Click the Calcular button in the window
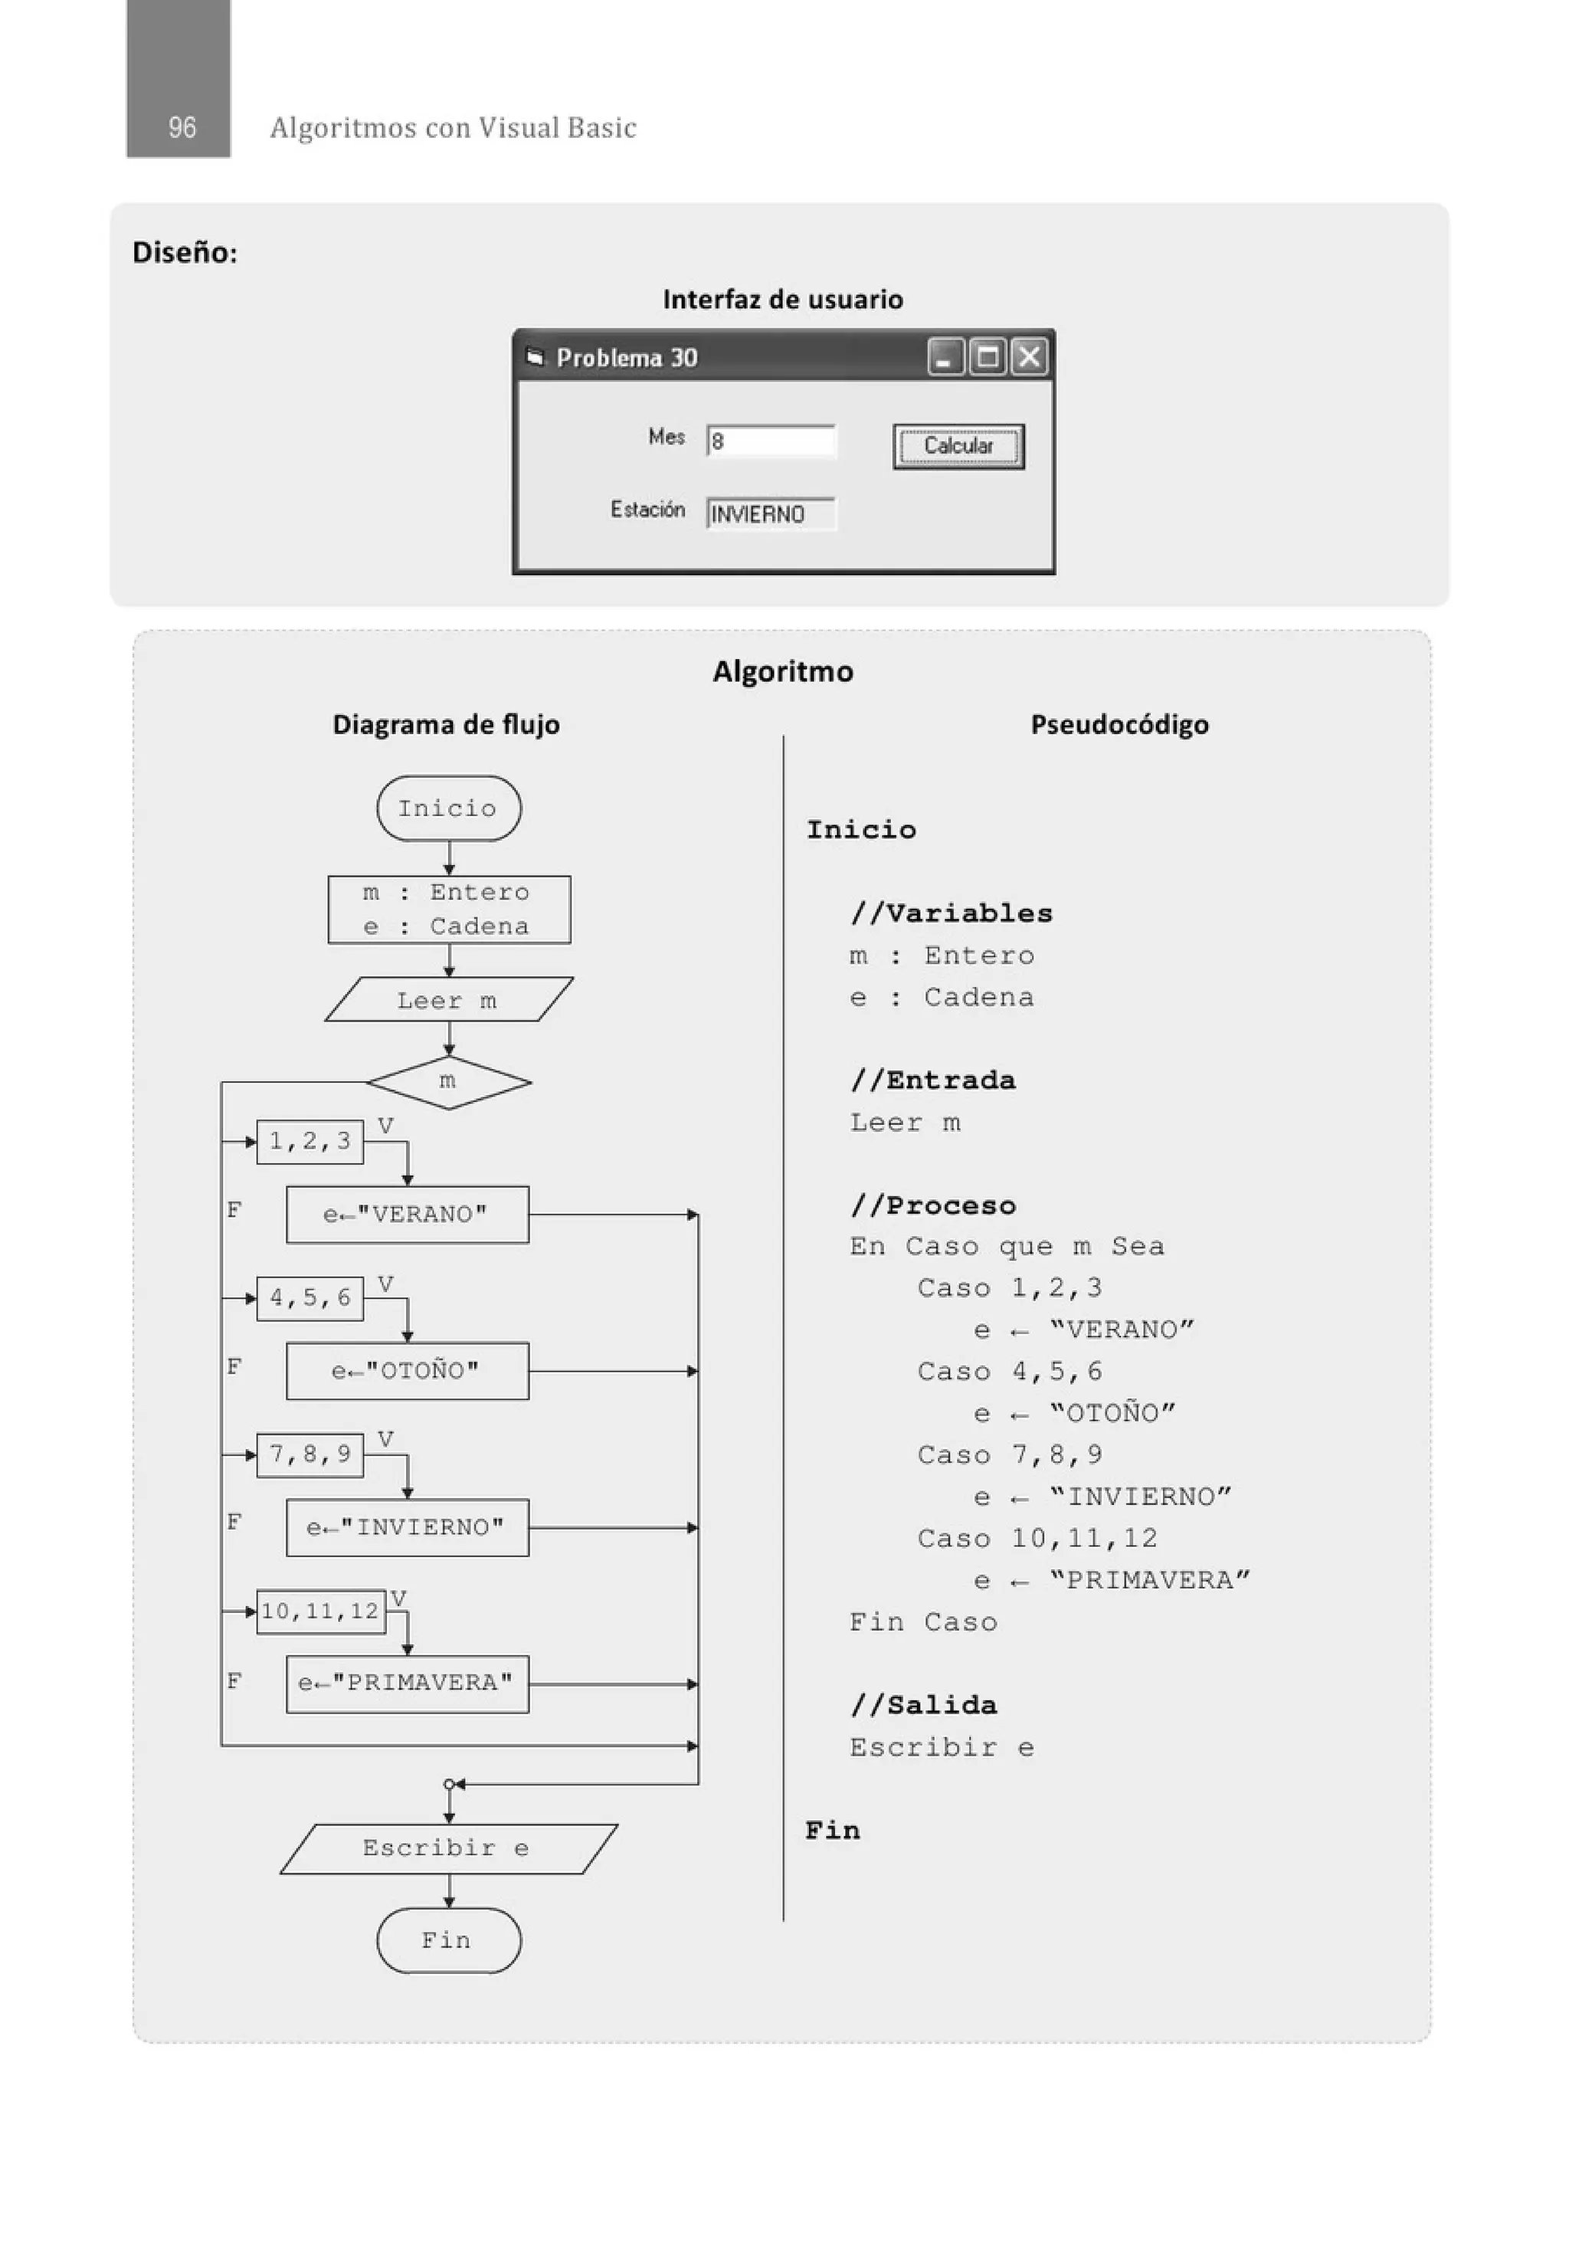pos(958,446)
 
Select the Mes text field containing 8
pos(771,441)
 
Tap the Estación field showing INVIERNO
pos(771,513)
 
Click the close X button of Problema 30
pos(1029,357)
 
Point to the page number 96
pos(182,127)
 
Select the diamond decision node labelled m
pos(448,1082)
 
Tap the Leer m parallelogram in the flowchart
pos(448,1000)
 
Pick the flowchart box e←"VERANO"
pos(407,1214)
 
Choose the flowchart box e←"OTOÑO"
pos(407,1370)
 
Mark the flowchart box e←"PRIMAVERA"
pos(407,1684)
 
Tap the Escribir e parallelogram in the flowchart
pos(448,1848)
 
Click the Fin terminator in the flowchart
pos(448,1939)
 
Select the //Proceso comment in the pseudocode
pos(933,1205)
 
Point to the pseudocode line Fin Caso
pos(923,1622)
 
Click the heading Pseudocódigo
pos(1119,725)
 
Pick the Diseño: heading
pos(185,252)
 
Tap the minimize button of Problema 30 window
pos(945,357)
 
